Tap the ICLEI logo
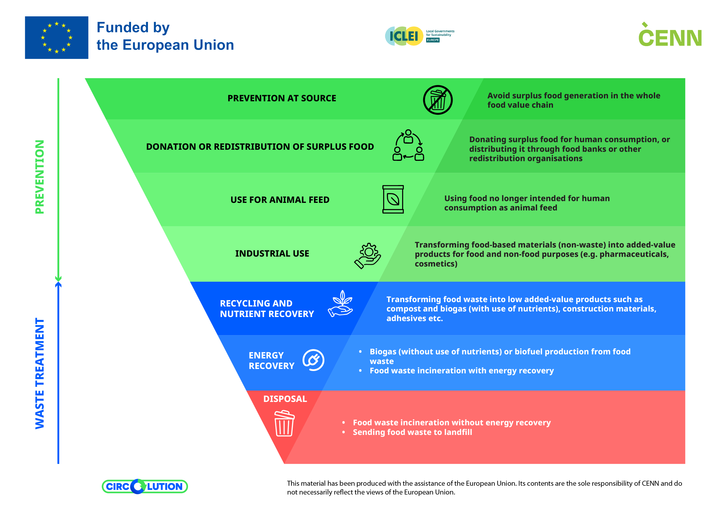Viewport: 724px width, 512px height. pyautogui.click(x=419, y=36)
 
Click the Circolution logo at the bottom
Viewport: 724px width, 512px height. pyautogui.click(x=145, y=486)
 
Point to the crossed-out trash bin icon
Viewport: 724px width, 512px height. pyautogui.click(x=438, y=100)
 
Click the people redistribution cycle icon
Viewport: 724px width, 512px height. pyautogui.click(x=408, y=145)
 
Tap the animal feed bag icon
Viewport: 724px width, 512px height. pyautogui.click(x=393, y=199)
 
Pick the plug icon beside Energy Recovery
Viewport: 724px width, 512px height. pyautogui.click(x=313, y=360)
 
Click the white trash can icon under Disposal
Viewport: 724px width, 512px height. pyautogui.click(x=284, y=423)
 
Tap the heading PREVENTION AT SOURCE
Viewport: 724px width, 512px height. pyautogui.click(x=282, y=98)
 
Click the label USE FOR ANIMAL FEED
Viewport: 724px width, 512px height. pyautogui.click(x=280, y=200)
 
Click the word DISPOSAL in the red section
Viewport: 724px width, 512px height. pyautogui.click(x=285, y=399)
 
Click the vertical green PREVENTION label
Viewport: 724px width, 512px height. pyautogui.click(x=40, y=177)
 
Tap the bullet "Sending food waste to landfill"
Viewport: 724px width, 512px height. pyautogui.click(x=412, y=432)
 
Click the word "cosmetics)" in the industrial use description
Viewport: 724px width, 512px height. pyautogui.click(x=436, y=264)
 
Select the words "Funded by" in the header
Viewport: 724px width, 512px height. pyautogui.click(x=133, y=27)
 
